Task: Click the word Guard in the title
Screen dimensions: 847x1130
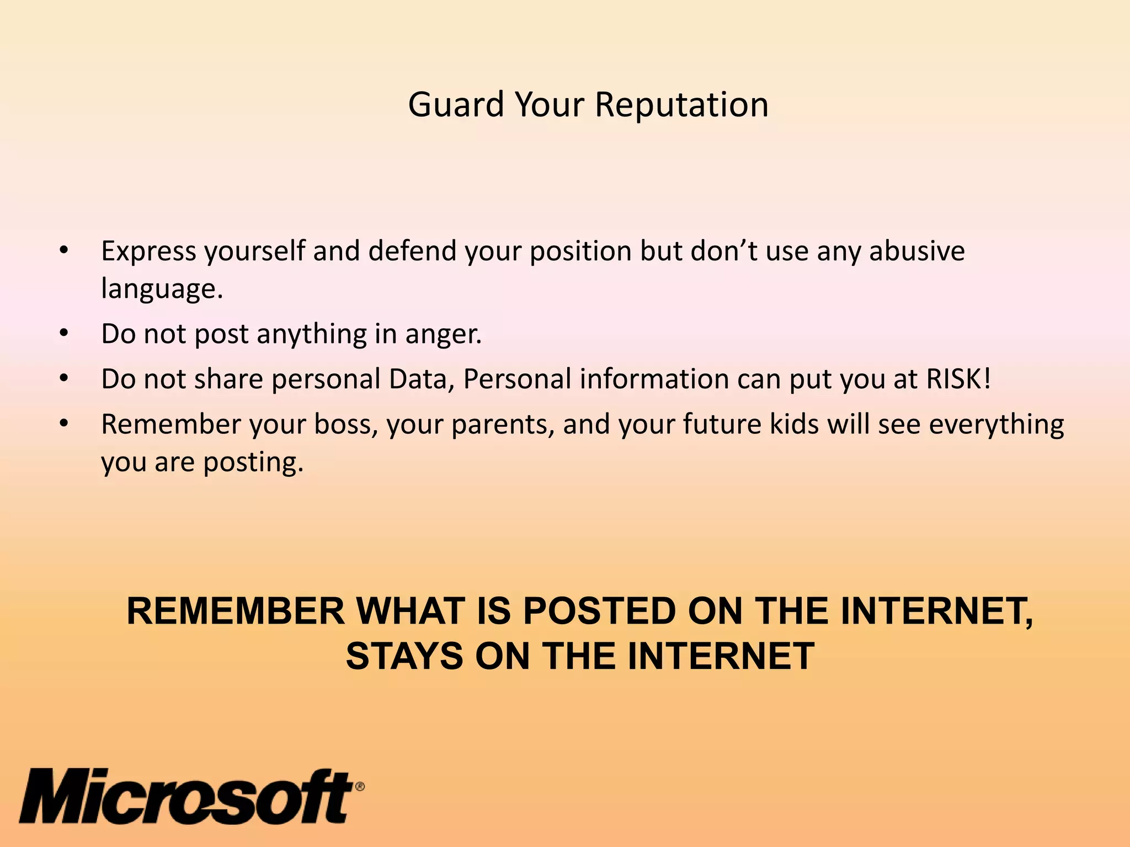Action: tap(456, 105)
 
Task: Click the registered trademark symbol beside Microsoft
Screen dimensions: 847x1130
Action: tap(359, 786)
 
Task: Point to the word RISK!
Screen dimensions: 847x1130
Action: tap(958, 379)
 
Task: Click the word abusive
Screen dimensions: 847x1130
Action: tap(917, 251)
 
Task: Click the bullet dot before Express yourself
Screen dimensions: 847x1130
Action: tap(64, 251)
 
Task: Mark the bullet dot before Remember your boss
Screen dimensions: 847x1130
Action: tap(64, 424)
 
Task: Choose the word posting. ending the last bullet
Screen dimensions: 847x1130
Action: tap(253, 463)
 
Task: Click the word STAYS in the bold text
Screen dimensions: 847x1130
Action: tap(404, 656)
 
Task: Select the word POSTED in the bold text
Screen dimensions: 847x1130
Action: tap(599, 612)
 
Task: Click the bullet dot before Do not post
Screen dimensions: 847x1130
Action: tap(64, 334)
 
